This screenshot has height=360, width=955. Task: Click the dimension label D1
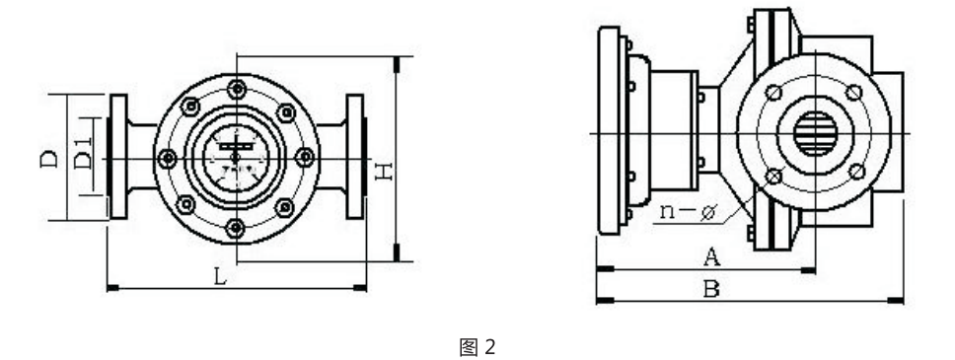pos(84,158)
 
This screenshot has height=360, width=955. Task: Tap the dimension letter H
pos(385,172)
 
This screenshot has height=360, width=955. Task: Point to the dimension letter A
pos(708,256)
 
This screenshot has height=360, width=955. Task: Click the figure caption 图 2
pos(477,345)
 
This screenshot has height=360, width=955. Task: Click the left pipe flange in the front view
pos(118,158)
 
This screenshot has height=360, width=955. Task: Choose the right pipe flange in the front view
pos(354,158)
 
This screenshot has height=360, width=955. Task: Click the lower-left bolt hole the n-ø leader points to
pos(773,176)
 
